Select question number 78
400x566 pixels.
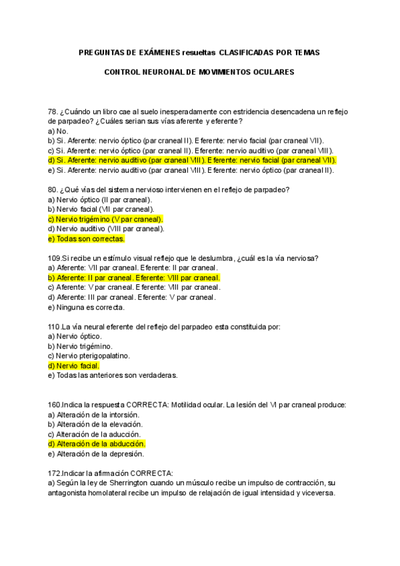[x=53, y=111]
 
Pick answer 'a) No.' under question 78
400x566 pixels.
[x=59, y=131]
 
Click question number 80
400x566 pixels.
[x=53, y=190]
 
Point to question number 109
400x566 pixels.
[x=55, y=258]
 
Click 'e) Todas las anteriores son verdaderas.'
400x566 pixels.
[x=113, y=376]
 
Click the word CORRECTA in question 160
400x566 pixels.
[x=146, y=405]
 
